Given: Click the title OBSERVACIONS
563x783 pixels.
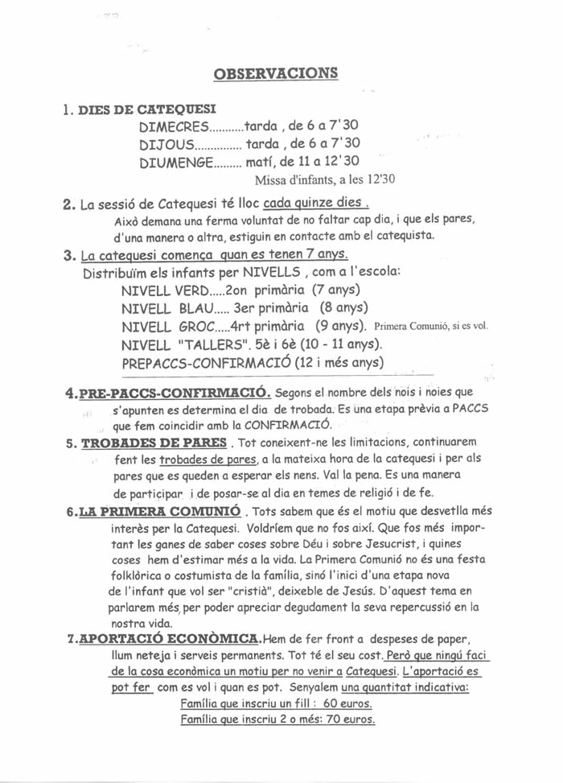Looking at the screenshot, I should point(276,74).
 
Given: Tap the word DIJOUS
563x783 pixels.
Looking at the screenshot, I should point(166,144).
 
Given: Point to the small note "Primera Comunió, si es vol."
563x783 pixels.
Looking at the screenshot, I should point(431,327).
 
